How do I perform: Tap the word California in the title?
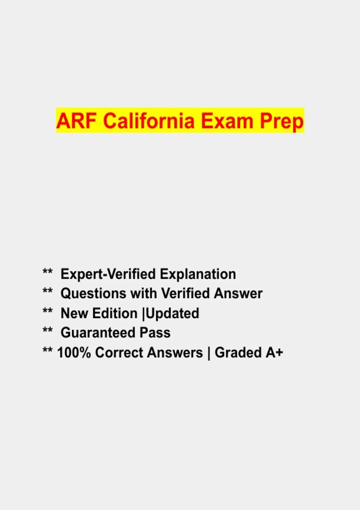click(149, 120)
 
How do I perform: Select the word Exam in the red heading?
click(227, 121)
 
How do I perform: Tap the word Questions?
click(93, 293)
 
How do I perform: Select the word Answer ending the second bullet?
click(238, 293)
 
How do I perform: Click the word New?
click(74, 313)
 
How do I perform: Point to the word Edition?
click(115, 313)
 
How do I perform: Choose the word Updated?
click(172, 313)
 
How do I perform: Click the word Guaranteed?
click(98, 332)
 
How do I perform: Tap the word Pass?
click(155, 332)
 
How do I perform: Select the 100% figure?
click(74, 352)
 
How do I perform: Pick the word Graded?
click(238, 352)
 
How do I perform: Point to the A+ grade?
click(274, 352)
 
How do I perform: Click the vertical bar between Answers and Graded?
click(209, 353)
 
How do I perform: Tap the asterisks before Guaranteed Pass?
click(48, 330)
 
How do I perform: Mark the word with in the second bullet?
click(143, 293)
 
